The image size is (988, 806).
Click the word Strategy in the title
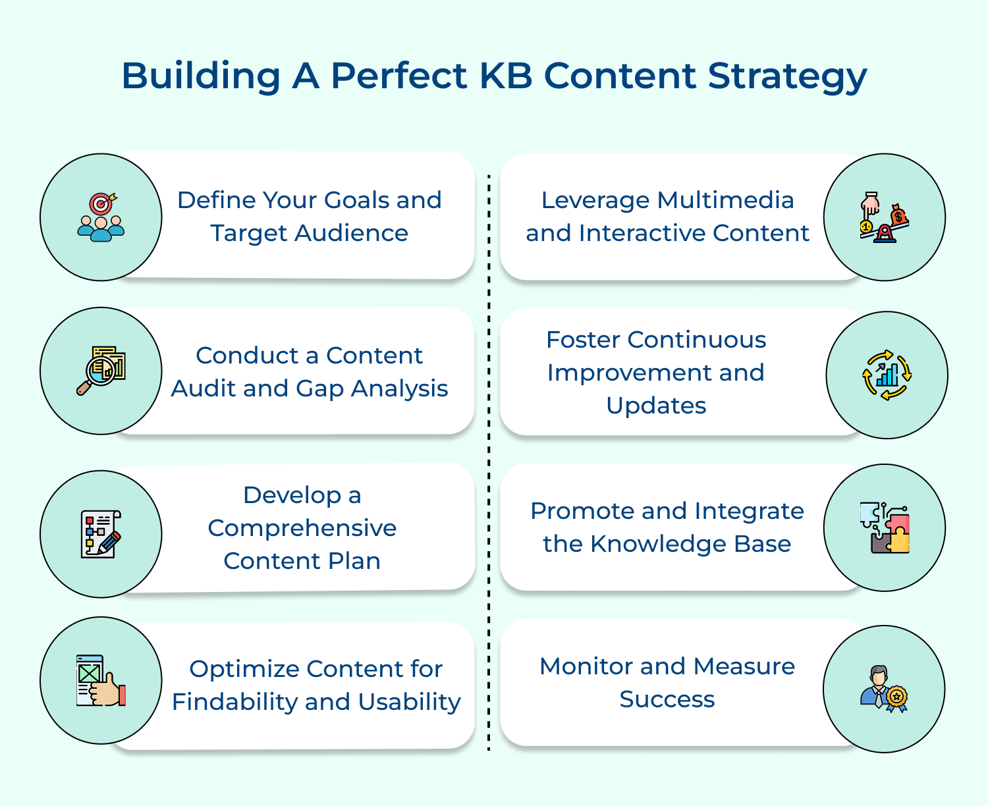point(787,76)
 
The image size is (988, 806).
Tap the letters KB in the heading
point(505,76)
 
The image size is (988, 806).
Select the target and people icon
point(101,217)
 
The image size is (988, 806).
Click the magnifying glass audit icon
point(101,371)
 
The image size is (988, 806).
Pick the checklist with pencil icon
point(101,534)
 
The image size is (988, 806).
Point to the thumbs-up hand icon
point(101,681)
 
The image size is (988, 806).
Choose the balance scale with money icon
point(884,217)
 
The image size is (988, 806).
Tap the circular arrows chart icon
point(887,375)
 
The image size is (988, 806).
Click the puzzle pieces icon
point(884,527)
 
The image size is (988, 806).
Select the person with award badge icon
point(884,689)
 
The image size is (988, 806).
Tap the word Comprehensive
point(302,528)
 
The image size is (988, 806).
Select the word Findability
point(234,702)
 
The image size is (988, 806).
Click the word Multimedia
point(725,200)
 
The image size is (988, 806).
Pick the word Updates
point(656,406)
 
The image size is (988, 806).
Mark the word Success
point(667,699)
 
